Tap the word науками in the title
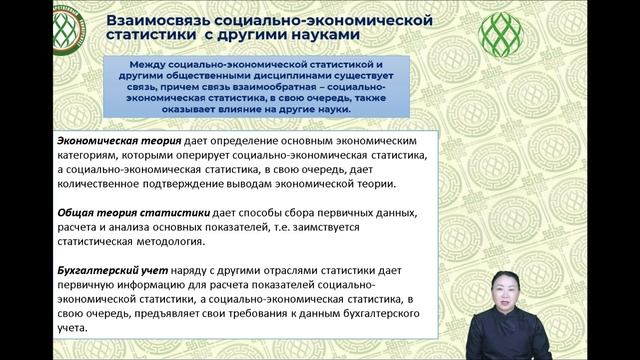pos(375,37)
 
